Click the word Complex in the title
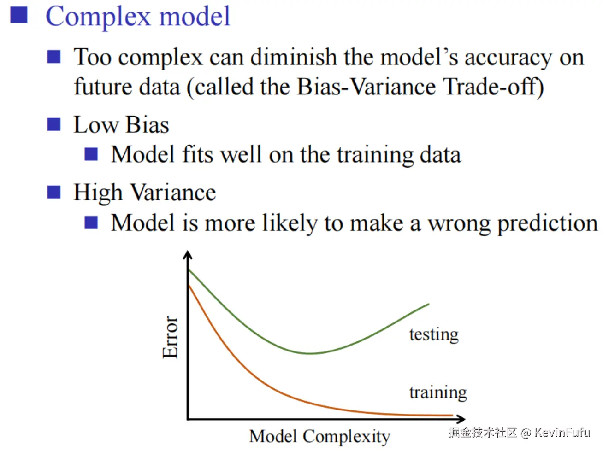98,17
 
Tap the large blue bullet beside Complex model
19,15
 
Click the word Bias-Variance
367,87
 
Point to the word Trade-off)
493,87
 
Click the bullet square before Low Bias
53,124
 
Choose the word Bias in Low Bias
148,125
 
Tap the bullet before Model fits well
91,154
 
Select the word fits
197,154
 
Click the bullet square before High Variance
53,192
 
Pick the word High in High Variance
98,193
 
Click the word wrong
459,224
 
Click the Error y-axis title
170,337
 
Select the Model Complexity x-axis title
319,436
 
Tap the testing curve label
434,334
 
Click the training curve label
438,392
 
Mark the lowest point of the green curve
310,353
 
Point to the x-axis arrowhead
461,419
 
